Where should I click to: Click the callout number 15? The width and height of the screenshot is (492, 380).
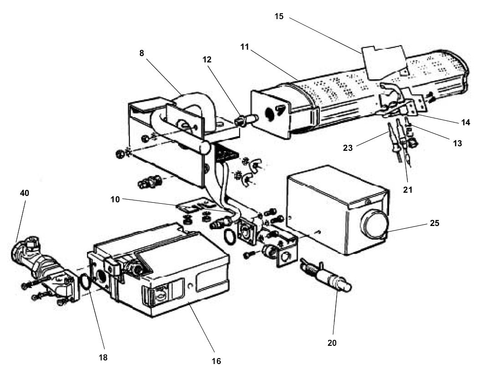279,16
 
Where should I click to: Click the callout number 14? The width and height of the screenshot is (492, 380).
465,122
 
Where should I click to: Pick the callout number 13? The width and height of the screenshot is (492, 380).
457,143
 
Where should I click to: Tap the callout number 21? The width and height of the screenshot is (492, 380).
408,190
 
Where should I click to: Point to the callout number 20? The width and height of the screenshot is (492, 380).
332,343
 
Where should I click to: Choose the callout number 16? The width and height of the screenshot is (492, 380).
216,361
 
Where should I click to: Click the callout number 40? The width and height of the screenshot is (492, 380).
24,193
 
